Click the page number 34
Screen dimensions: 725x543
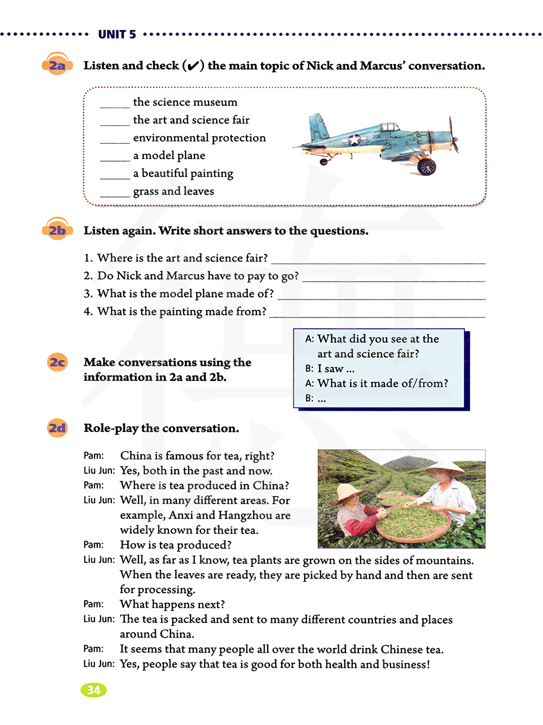point(93,690)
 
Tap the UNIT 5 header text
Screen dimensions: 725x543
point(117,35)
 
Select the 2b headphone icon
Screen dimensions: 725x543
point(57,230)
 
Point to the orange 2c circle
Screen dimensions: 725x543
point(57,362)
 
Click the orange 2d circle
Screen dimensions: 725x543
point(57,428)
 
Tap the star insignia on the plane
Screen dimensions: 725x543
point(354,139)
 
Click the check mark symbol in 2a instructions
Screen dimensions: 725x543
point(193,66)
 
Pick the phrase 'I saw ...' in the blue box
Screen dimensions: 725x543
point(336,368)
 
